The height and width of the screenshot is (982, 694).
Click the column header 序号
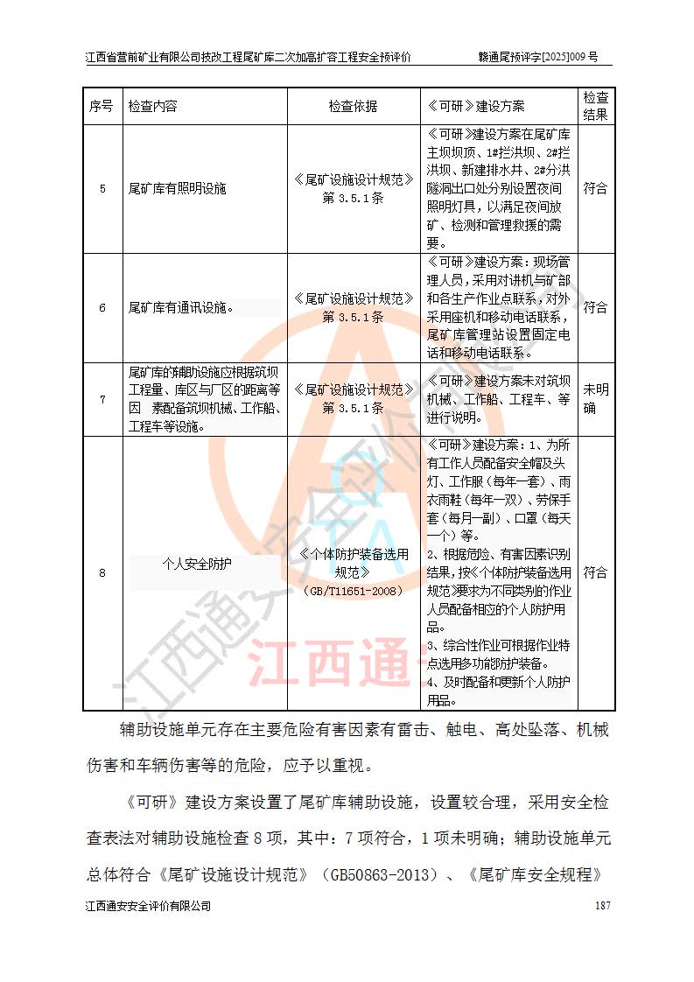101,106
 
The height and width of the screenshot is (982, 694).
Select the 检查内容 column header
153,106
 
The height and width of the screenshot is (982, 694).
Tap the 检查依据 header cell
353,106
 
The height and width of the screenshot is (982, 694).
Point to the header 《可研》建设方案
475,106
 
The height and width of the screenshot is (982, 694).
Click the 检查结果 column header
595,106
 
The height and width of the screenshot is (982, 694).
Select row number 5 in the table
102,188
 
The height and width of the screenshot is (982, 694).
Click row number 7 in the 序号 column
102,400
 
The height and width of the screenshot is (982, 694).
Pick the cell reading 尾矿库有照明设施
177,188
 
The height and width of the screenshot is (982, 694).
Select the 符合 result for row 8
595,572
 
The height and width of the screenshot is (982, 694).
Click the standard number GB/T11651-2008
353,591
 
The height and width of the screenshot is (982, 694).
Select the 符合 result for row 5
595,188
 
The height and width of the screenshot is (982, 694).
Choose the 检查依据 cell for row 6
353,307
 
